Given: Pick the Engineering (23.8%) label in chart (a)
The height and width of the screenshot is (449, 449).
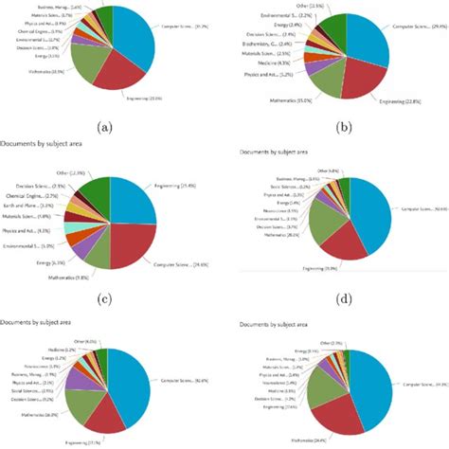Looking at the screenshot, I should coord(145,98).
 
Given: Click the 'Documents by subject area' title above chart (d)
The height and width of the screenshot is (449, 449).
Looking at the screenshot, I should coord(274,153).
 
